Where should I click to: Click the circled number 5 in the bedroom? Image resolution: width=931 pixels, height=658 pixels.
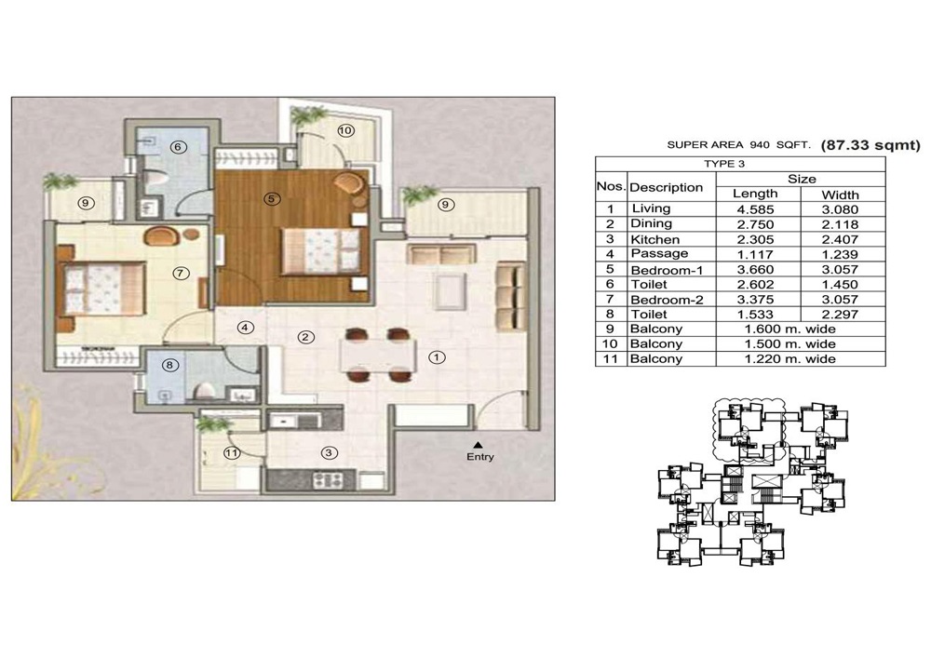coord(271,199)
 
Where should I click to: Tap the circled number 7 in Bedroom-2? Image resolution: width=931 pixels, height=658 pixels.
coord(181,273)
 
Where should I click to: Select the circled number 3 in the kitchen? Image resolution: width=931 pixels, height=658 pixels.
coord(329,453)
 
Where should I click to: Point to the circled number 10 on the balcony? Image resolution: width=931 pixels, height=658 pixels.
coord(345,130)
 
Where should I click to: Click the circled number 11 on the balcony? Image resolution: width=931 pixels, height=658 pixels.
coord(232,453)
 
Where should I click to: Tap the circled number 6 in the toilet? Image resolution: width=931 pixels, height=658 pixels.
coord(178,146)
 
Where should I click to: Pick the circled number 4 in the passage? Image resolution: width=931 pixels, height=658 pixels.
coord(245,327)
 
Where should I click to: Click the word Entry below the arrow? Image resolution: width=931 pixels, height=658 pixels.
coord(479,457)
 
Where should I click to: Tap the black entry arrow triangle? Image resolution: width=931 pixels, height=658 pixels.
coord(478,444)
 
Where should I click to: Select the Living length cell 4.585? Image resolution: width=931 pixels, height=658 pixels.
coord(755,209)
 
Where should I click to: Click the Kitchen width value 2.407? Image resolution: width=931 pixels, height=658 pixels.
coord(840,240)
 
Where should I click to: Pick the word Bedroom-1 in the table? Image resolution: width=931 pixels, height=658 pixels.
coord(667,270)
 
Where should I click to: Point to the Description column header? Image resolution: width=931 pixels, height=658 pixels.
coord(667,187)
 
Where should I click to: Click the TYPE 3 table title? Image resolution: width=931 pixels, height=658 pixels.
coord(724,164)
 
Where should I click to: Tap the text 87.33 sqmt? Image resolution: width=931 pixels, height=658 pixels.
coord(870,145)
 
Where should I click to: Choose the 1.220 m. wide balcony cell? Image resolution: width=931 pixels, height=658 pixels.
coord(790,359)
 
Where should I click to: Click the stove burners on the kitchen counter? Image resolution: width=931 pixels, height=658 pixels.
coord(327,479)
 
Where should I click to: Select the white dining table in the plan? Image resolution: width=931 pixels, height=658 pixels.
coord(377,355)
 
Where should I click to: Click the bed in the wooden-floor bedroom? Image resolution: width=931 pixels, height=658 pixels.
coord(320,251)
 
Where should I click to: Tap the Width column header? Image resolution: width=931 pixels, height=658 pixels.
coord(840,195)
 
